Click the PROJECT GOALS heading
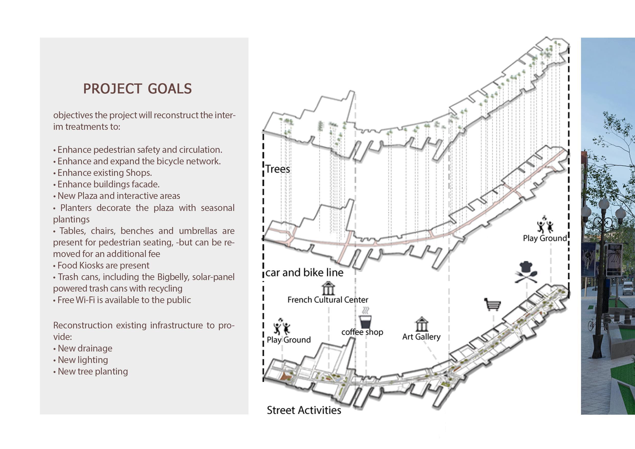point(137,89)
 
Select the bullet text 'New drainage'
point(85,348)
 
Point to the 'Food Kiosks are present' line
point(103,265)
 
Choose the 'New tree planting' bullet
point(93,371)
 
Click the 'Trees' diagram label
point(278,169)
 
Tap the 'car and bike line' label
point(304,273)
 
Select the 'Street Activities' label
point(304,410)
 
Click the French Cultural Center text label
point(328,300)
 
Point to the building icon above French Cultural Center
point(328,288)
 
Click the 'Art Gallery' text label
point(421,337)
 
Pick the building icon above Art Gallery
point(421,324)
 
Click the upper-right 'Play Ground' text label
point(545,238)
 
